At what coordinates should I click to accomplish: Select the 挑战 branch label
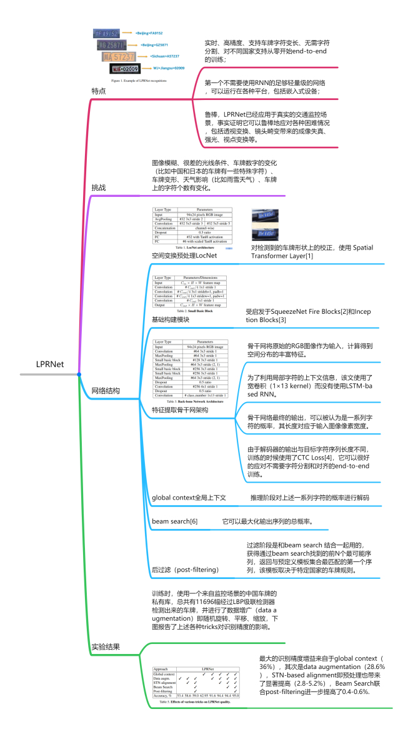[98, 187]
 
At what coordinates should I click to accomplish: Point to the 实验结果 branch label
[101, 646]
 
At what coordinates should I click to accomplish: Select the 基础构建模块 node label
[171, 319]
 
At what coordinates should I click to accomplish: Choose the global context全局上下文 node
[189, 498]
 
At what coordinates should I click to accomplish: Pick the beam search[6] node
[175, 521]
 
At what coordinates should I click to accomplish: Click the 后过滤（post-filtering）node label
[185, 570]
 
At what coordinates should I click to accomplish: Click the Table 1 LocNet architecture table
[192, 229]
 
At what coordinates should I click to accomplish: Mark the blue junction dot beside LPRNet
[79, 374]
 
